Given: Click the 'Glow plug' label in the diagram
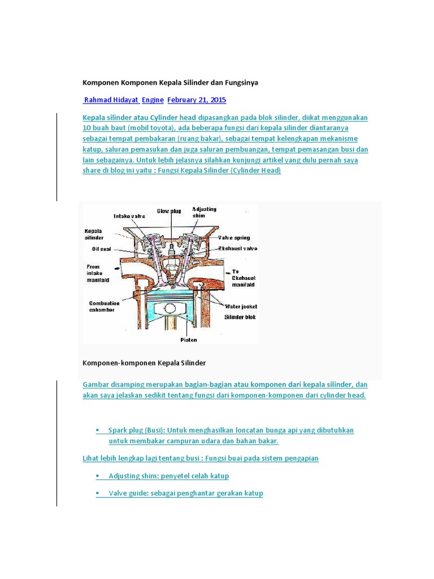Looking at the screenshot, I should (168, 211).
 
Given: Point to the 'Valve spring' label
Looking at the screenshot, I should (234, 238).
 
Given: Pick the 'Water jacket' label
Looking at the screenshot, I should (241, 306).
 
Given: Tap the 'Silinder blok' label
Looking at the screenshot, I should (240, 317).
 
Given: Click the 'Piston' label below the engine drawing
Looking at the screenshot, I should (172, 340).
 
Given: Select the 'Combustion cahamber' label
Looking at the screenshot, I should (105, 306).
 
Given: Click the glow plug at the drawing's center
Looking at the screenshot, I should (170, 249).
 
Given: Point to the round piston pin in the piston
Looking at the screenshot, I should (172, 308).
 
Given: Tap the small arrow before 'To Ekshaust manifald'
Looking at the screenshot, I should (225, 271).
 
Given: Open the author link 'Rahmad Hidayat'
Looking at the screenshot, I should (111, 100).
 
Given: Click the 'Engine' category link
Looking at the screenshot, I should (153, 100).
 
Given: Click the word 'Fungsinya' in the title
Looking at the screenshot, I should (241, 83).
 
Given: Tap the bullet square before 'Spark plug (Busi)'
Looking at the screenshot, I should (98, 430).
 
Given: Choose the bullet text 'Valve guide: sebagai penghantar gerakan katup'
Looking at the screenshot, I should (186, 493).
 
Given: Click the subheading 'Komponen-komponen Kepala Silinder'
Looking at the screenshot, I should (144, 362).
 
